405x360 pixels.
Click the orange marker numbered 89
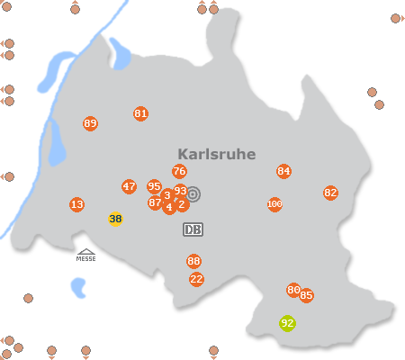click(90, 123)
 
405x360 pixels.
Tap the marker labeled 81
click(140, 114)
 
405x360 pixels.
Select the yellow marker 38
click(115, 219)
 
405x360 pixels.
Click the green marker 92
click(287, 323)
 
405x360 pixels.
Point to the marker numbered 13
click(76, 205)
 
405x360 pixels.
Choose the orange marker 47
click(129, 187)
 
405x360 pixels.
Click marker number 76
click(179, 172)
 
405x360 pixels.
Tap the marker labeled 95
click(154, 186)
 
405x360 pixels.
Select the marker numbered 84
click(284, 172)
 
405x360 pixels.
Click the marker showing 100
click(274, 205)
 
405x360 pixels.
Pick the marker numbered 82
click(330, 193)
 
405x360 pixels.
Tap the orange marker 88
click(193, 262)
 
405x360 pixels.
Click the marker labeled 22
click(196, 279)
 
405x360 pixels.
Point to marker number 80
click(293, 290)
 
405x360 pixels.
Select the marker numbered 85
click(307, 295)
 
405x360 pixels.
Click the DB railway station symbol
click(193, 229)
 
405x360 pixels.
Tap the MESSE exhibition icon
click(86, 256)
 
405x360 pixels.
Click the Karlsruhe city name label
click(216, 154)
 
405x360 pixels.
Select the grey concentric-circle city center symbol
click(193, 193)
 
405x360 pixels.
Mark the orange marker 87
click(155, 203)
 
